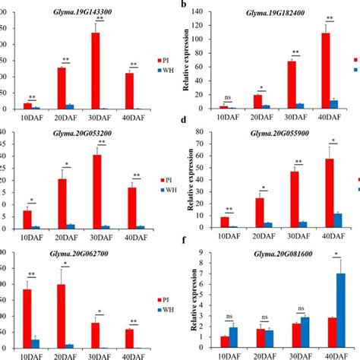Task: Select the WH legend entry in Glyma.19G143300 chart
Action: [x=165, y=69]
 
